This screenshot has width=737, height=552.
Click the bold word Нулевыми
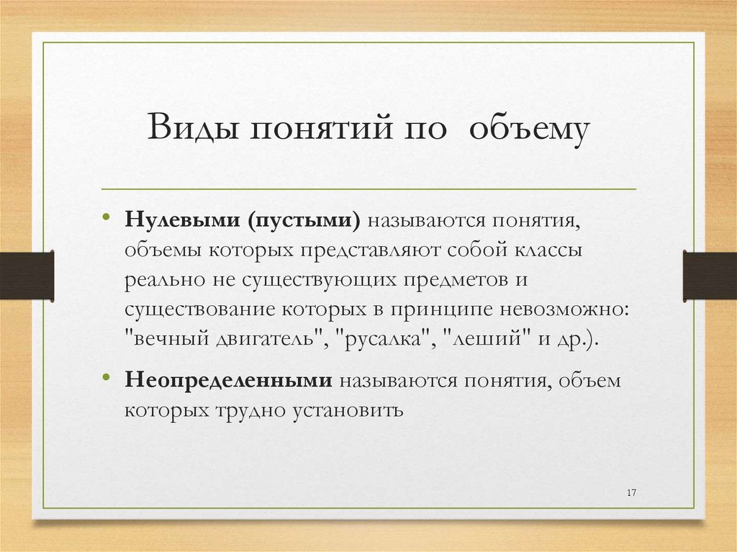[x=184, y=220]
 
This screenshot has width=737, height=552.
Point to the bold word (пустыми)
[x=305, y=220]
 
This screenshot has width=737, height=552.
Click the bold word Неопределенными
[x=229, y=381]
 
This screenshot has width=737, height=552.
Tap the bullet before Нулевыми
[x=106, y=217]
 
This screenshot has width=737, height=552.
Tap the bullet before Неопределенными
[x=106, y=378]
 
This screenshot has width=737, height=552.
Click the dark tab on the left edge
[x=27, y=276]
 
